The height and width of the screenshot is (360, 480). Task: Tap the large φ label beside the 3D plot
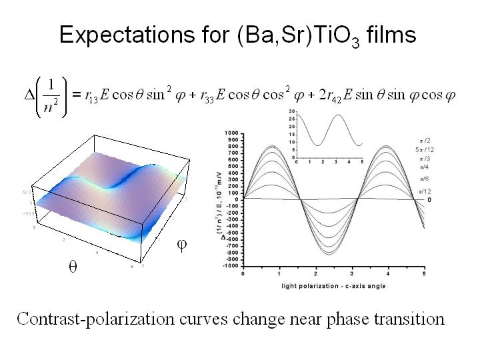click(x=181, y=245)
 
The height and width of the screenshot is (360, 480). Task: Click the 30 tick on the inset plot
click(x=291, y=111)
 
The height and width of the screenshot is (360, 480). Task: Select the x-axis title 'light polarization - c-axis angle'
click(x=329, y=286)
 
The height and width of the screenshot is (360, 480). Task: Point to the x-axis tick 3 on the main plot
click(x=352, y=273)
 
